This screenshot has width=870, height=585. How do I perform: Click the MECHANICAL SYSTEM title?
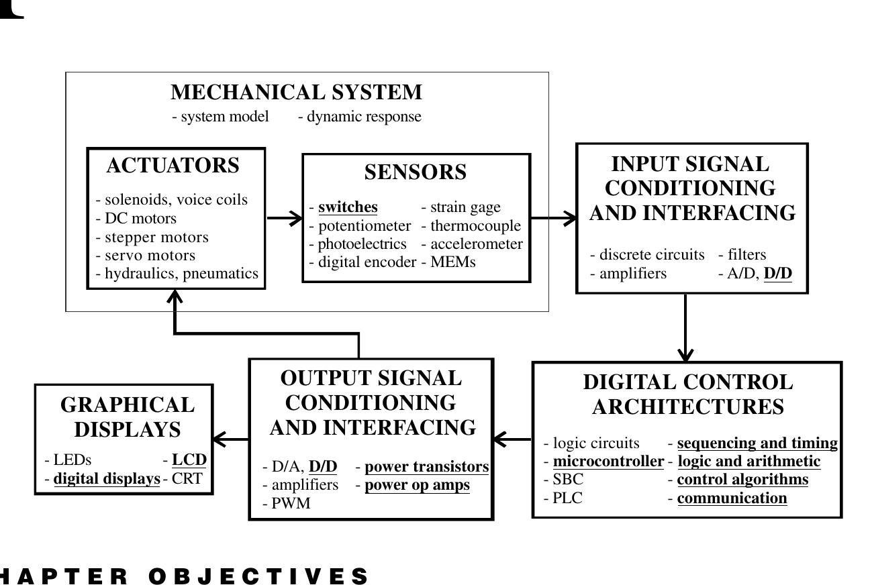click(x=296, y=92)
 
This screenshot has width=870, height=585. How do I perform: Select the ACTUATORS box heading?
click(x=173, y=166)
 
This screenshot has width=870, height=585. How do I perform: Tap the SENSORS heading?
click(x=415, y=172)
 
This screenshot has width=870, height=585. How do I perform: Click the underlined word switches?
click(x=348, y=207)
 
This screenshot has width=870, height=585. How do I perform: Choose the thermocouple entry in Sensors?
click(x=475, y=226)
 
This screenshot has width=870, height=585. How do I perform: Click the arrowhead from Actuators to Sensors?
click(x=295, y=217)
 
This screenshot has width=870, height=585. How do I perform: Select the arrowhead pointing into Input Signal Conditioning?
click(x=570, y=217)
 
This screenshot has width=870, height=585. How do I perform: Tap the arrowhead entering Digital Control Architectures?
click(x=685, y=354)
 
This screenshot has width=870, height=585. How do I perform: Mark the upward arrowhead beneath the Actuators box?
click(x=175, y=297)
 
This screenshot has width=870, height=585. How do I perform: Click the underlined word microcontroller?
click(x=608, y=462)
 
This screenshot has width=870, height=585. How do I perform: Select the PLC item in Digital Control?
click(x=567, y=498)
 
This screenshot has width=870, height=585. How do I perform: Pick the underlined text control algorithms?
click(x=742, y=480)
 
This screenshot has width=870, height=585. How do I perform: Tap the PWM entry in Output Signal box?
click(x=290, y=504)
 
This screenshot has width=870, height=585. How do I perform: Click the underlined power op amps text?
click(x=417, y=485)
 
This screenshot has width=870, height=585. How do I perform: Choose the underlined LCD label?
click(x=189, y=460)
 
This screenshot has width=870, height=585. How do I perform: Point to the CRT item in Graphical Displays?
click(x=187, y=479)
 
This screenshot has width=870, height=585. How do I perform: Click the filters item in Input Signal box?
click(x=746, y=255)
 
